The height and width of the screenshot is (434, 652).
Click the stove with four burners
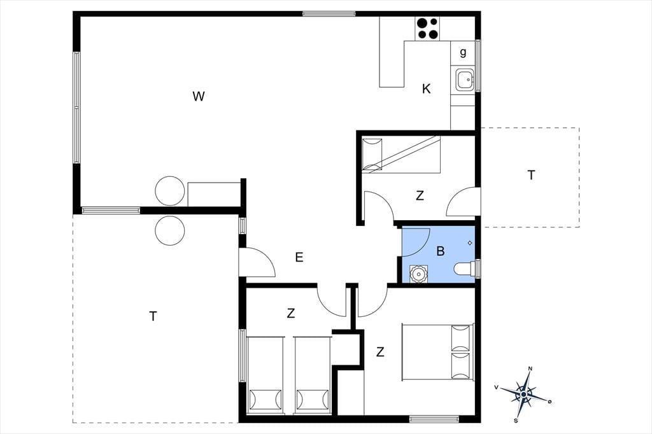pos(427,29)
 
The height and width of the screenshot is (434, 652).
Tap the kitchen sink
pos(464,80)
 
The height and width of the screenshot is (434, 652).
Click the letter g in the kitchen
pos(464,52)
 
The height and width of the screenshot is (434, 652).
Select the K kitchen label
pos(426,88)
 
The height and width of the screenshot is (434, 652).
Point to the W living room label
pos(199,97)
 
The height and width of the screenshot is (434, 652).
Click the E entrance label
pos(299,258)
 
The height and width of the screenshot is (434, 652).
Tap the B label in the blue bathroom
pos(441,251)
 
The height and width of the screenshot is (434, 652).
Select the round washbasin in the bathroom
pos(418,274)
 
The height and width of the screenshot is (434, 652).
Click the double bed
pos(437,352)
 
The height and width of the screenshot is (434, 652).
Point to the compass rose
pos(525,394)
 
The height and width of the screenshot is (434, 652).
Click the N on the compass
pos(530,368)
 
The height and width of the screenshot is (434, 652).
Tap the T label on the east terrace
pos(532,176)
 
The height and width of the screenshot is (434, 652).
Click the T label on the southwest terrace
pos(153,316)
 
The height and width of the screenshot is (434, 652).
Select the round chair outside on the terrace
pos(169,231)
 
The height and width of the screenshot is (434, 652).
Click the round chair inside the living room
pos(169,191)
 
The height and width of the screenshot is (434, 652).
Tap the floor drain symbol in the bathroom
pos(470,243)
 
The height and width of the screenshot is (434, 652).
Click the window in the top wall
pos(329,14)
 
